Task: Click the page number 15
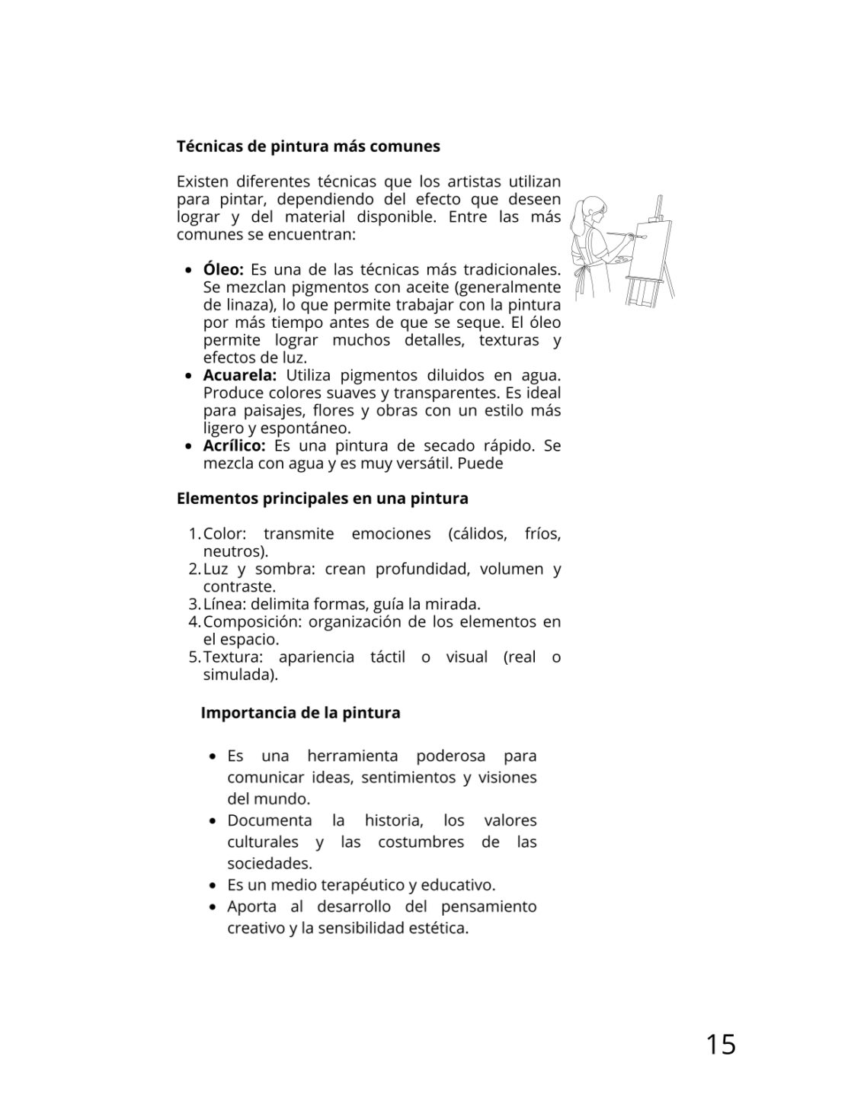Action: click(x=720, y=1044)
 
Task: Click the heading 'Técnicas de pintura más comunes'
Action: click(x=308, y=146)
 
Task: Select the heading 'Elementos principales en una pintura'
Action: click(x=322, y=499)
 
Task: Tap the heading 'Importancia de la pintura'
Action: click(x=300, y=713)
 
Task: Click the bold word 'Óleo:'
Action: click(x=222, y=270)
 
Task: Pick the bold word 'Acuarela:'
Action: click(x=239, y=375)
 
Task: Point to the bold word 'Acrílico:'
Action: click(x=234, y=445)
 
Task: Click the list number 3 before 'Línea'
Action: click(x=193, y=605)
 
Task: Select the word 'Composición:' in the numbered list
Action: click(x=252, y=622)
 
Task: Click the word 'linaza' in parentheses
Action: click(x=242, y=305)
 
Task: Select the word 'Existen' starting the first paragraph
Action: click(x=202, y=182)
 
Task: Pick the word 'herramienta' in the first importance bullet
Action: click(x=353, y=756)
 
